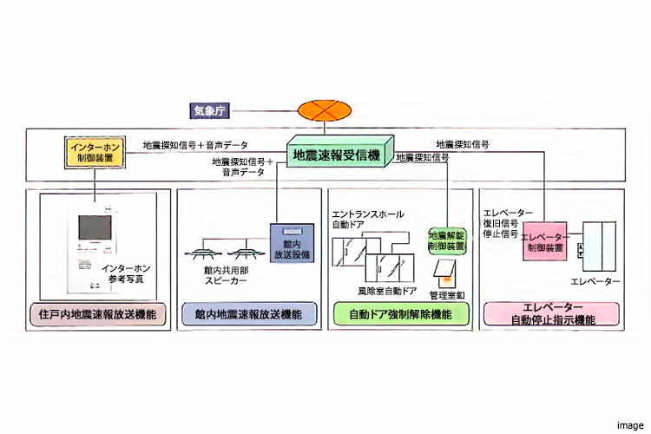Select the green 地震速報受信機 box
(338, 155)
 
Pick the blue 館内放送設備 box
(290, 243)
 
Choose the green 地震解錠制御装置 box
(448, 239)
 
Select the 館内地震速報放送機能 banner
(248, 314)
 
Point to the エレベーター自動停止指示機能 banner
(553, 314)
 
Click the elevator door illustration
(599, 246)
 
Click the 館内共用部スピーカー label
(228, 276)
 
